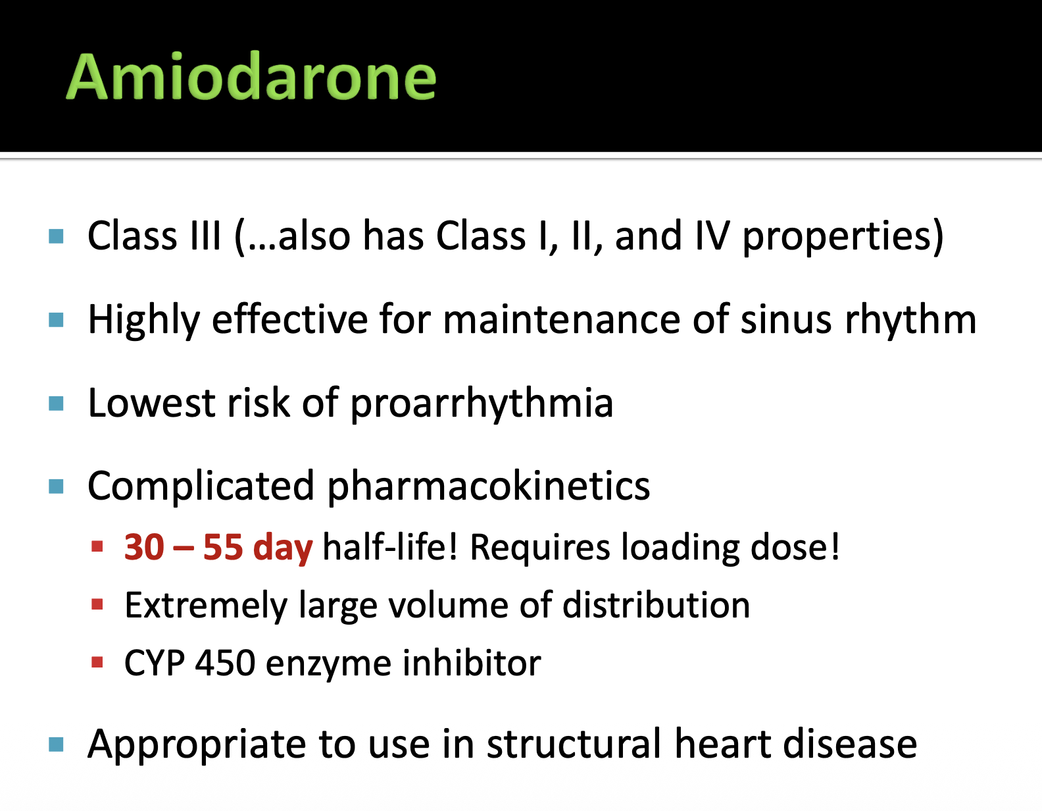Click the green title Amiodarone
(251, 77)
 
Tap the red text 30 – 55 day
(218, 548)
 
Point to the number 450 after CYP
(225, 663)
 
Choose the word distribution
(656, 605)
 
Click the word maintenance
(562, 320)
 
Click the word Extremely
(206, 606)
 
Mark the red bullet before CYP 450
(97, 662)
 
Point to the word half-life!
(390, 546)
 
